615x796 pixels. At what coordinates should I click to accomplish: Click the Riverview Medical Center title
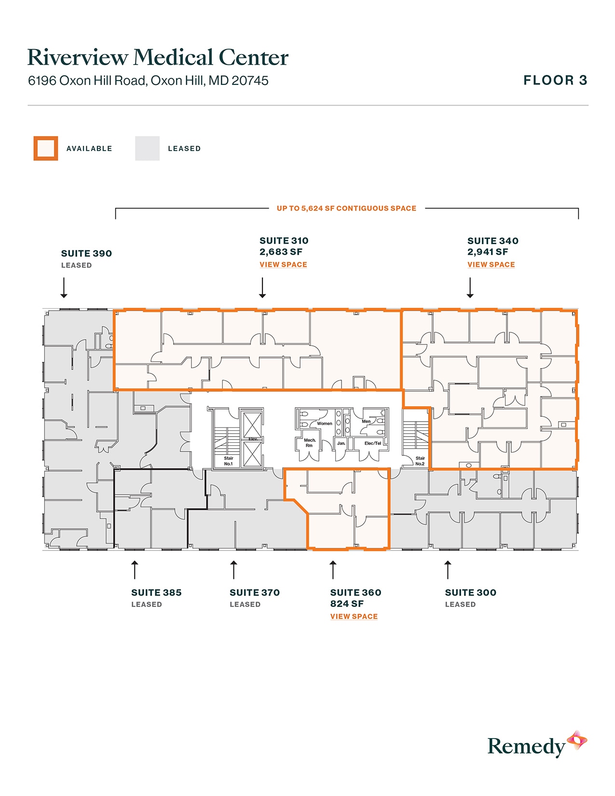click(x=158, y=57)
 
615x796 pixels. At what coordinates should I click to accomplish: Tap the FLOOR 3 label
click(x=555, y=80)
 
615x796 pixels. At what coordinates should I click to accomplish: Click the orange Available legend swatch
click(x=46, y=148)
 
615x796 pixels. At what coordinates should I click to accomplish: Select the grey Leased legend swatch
click(x=147, y=148)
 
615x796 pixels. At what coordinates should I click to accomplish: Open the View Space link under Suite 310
click(x=283, y=264)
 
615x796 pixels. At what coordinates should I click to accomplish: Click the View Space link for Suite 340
click(x=491, y=264)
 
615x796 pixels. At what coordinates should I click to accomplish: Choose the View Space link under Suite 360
click(x=354, y=616)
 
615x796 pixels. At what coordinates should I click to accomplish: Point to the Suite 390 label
click(x=86, y=253)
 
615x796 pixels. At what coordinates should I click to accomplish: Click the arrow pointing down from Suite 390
click(x=64, y=288)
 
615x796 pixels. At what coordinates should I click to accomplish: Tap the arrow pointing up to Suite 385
click(x=135, y=569)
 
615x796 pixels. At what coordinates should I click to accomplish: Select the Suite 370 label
click(x=255, y=592)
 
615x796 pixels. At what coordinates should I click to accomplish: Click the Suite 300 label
click(x=470, y=592)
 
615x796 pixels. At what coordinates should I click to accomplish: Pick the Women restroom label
click(x=324, y=424)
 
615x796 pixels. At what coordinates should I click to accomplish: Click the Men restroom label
click(x=366, y=421)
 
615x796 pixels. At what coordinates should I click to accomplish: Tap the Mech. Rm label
click(x=309, y=442)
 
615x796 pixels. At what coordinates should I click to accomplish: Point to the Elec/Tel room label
click(x=372, y=443)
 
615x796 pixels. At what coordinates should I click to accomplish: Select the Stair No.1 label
click(x=228, y=461)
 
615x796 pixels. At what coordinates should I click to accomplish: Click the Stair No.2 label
click(x=420, y=461)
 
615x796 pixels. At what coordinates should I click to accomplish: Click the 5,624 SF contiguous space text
click(x=346, y=208)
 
